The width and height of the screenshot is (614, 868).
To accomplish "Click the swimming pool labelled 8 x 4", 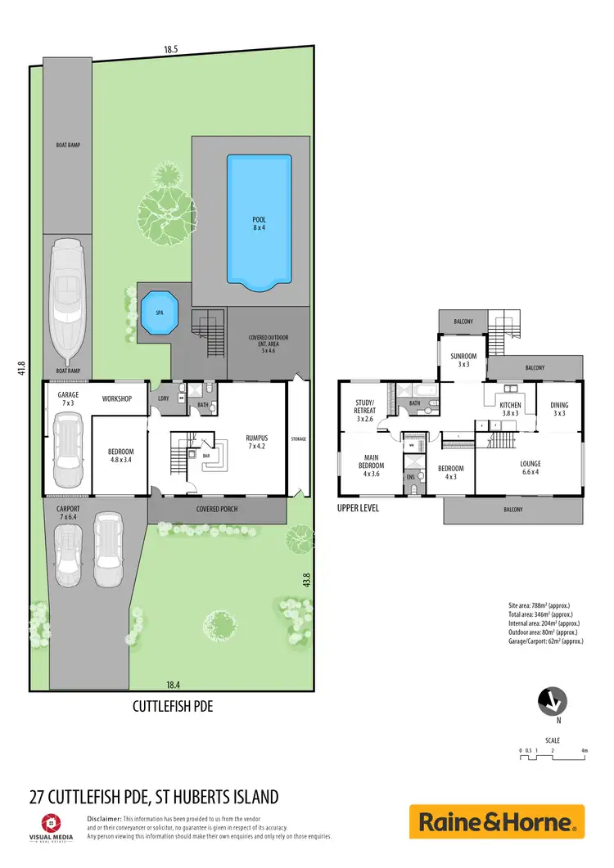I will point(259,223).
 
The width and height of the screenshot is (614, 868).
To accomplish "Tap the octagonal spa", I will point(160,312).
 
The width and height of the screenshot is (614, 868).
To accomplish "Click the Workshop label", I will point(117,398).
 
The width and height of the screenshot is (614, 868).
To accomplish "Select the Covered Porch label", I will point(217,508).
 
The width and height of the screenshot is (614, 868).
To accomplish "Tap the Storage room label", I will point(298,439).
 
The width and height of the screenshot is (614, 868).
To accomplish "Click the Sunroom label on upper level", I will point(463,361).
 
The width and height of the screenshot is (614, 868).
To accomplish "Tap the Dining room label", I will point(559,409).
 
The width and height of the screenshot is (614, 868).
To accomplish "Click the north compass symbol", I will point(553,701).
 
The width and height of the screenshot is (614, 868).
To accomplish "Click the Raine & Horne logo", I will point(497,821).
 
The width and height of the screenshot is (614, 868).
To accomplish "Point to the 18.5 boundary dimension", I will point(170,50).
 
